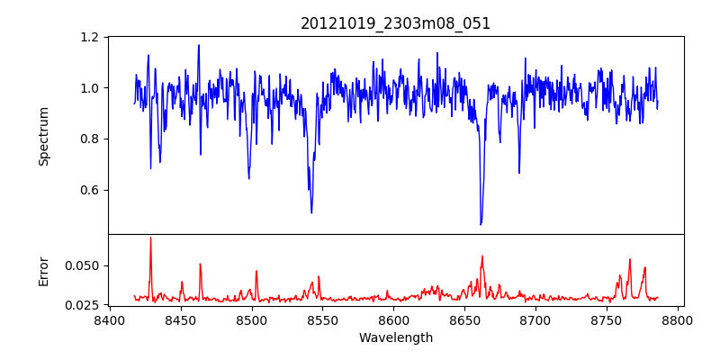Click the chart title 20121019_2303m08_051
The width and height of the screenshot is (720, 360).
coord(395,23)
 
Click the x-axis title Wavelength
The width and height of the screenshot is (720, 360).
coord(395,337)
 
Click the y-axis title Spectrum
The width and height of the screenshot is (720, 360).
coord(43,136)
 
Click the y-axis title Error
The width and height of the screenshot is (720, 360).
coord(43,271)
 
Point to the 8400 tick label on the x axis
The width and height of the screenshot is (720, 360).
coord(110,320)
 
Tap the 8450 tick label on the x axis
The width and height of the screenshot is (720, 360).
coord(181,320)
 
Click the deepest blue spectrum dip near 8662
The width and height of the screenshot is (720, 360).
coord(481,224)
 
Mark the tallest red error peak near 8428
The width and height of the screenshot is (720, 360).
coord(150,238)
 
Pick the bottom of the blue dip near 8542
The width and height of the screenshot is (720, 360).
coord(311,212)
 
